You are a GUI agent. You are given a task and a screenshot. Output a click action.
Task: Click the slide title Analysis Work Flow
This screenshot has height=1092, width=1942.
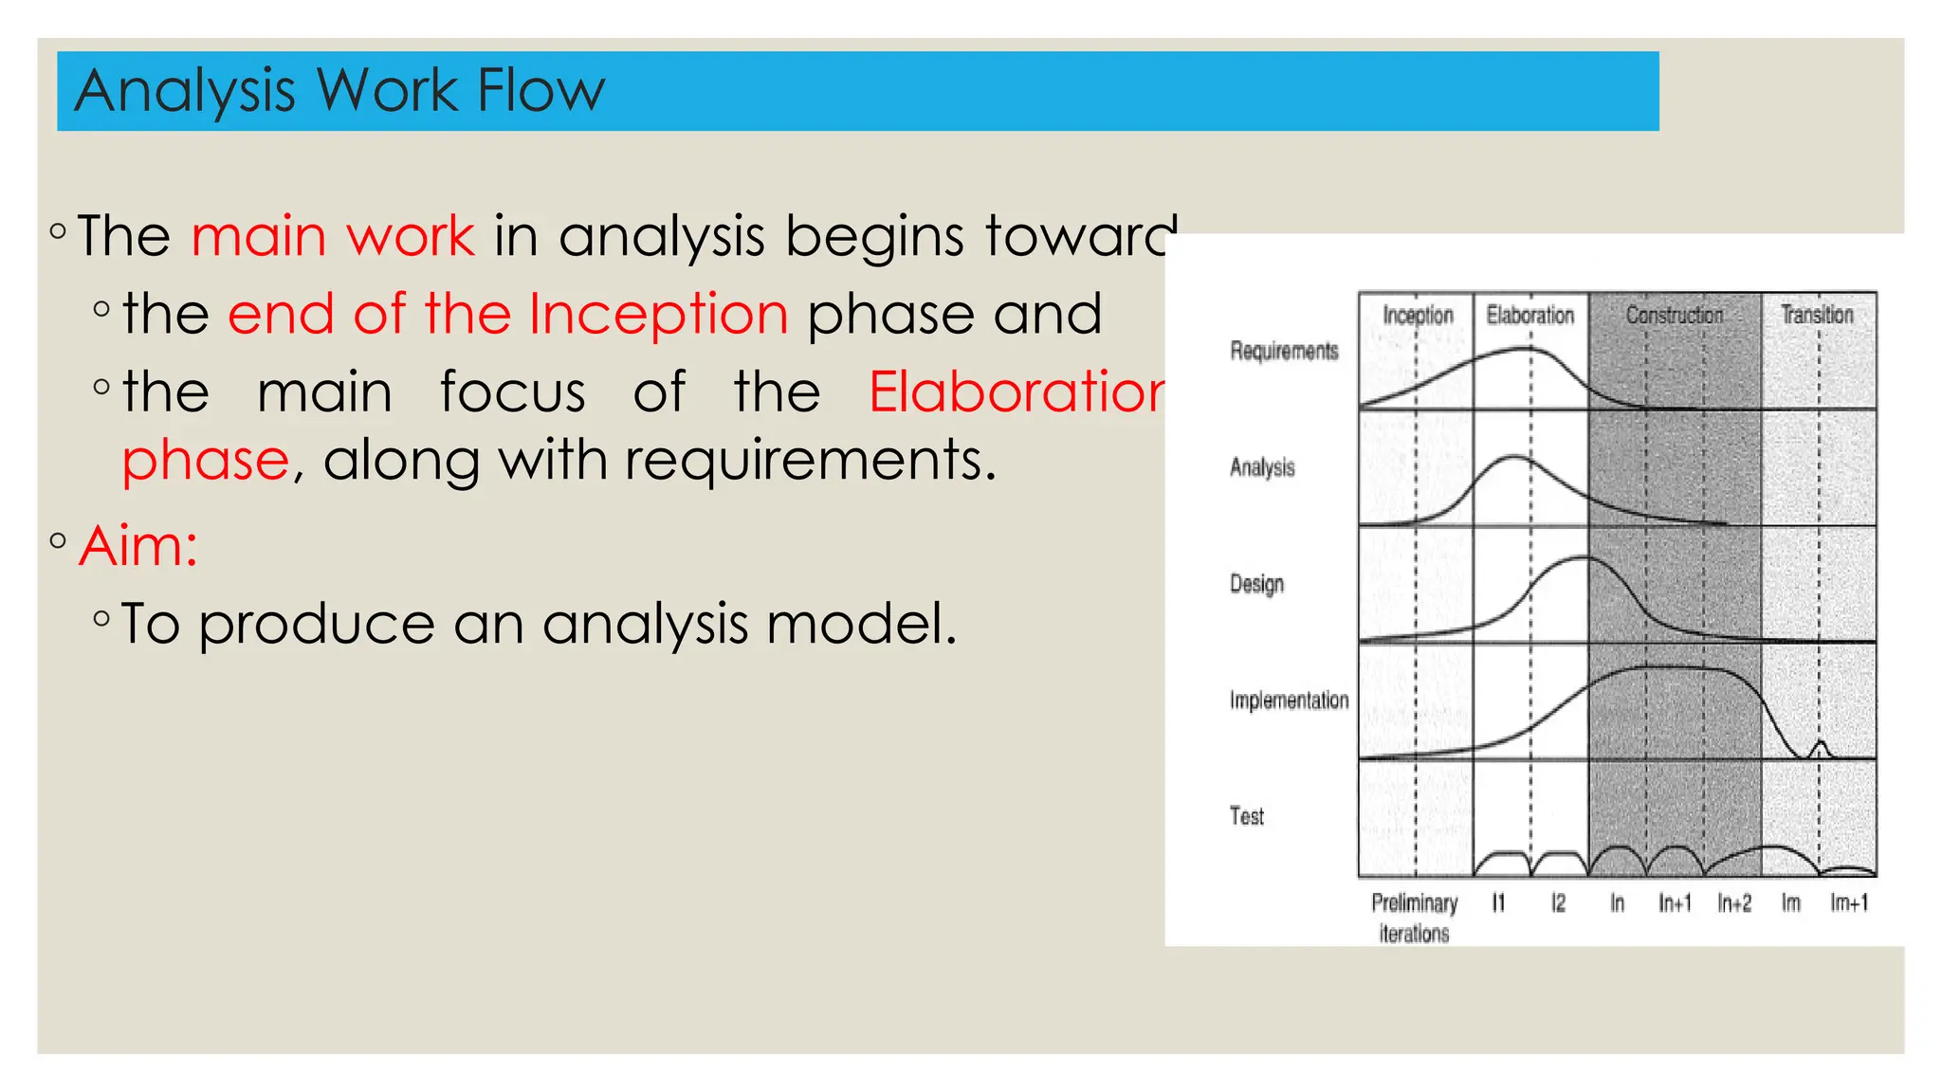(339, 91)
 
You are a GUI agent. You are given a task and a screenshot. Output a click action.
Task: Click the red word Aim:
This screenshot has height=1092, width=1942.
(138, 547)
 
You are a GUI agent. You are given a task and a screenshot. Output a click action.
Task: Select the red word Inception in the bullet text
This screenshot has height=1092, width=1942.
(658, 314)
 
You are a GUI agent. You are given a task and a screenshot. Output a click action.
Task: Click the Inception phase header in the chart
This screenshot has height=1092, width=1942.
(1417, 315)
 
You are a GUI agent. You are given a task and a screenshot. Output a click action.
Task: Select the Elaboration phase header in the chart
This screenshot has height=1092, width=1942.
(1530, 315)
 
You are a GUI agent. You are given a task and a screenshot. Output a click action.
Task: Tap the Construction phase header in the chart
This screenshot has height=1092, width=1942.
(1674, 315)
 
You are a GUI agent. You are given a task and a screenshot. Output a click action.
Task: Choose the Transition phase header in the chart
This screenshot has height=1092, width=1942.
(1816, 315)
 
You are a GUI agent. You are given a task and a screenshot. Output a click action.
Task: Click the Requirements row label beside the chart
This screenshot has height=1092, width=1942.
(1284, 351)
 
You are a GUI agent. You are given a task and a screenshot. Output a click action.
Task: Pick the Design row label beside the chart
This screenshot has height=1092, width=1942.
(1256, 584)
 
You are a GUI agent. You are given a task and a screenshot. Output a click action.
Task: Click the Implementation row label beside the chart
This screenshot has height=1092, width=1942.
(1289, 701)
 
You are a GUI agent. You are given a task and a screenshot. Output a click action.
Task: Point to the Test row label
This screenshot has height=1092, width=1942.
(1246, 816)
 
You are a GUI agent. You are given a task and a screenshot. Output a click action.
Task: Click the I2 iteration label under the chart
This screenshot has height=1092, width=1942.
(1558, 903)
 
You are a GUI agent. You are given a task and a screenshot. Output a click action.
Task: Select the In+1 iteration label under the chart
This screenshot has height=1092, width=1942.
(1675, 903)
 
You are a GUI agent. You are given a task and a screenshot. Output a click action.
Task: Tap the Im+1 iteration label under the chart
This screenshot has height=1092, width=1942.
(1848, 903)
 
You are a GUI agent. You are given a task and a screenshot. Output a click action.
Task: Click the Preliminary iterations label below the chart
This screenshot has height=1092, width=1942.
(1414, 918)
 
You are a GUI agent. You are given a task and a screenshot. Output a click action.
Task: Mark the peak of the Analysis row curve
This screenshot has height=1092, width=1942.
(1513, 458)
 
